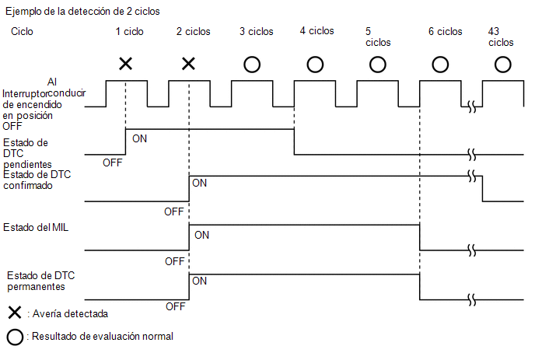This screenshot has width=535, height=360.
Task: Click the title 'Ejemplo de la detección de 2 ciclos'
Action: coord(82,12)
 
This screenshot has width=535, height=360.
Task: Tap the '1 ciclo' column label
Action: coord(129,32)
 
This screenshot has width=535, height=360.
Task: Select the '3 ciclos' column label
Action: coord(257,32)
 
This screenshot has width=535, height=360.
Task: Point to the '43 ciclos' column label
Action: coord(501,37)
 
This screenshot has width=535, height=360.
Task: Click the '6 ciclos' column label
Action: coord(446,32)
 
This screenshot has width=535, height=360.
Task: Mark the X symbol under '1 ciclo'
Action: coord(125,64)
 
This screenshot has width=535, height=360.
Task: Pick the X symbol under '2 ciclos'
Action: coord(188,64)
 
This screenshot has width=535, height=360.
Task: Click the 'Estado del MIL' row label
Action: coord(36,228)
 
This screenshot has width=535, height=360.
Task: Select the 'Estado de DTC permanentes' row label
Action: coord(40,281)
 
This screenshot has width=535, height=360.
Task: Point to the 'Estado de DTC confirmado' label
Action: coord(37,180)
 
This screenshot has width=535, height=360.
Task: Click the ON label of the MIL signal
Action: coord(201,235)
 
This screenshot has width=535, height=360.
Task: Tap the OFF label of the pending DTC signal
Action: coord(113,163)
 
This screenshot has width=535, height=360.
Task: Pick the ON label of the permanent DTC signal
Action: coord(200,281)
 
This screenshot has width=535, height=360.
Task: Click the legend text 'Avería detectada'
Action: coord(70,314)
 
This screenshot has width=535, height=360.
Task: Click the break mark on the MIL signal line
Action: coord(472,250)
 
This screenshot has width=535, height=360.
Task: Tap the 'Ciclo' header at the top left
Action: coord(22,32)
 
